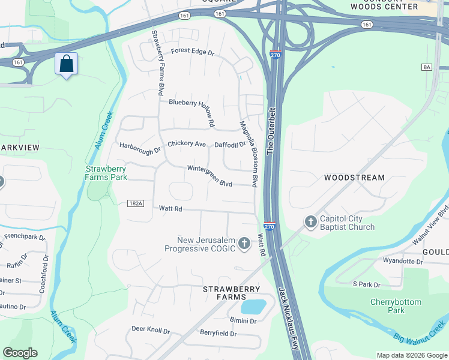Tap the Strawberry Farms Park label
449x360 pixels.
(106, 173)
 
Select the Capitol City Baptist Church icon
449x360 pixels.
(310, 222)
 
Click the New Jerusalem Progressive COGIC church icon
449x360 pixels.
(244, 243)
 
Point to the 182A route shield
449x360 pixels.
(136, 204)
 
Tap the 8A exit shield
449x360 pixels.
(427, 67)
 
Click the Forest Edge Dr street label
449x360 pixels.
(192, 52)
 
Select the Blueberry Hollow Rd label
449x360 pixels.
(191, 108)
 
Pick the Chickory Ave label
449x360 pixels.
(187, 144)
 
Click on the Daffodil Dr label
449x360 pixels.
(231, 145)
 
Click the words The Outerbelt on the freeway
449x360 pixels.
(270, 129)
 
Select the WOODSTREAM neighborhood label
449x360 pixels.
(354, 178)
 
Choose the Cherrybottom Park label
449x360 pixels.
(396, 306)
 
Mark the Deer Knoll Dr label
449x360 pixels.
(151, 330)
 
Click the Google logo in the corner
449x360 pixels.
(20, 353)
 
